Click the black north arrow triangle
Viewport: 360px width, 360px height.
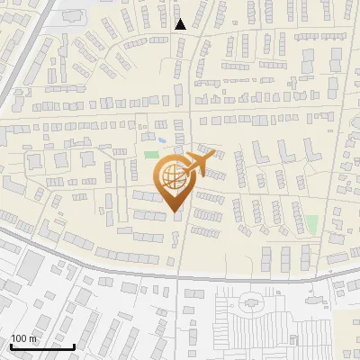pyautogui.click(x=181, y=24)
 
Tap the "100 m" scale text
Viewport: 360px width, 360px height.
pyautogui.click(x=23, y=338)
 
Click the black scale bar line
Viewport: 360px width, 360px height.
pyautogui.click(x=42, y=346)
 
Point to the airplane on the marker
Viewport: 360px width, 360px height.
pyautogui.click(x=200, y=165)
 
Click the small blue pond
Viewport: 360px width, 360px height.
pyautogui.click(x=160, y=139)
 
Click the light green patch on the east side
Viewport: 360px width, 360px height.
pyautogui.click(x=311, y=223)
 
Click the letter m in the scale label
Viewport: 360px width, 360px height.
pyautogui.click(x=33, y=338)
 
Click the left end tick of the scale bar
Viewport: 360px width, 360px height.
pyautogui.click(x=11, y=345)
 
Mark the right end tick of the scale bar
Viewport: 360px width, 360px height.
pyautogui.click(x=75, y=345)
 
